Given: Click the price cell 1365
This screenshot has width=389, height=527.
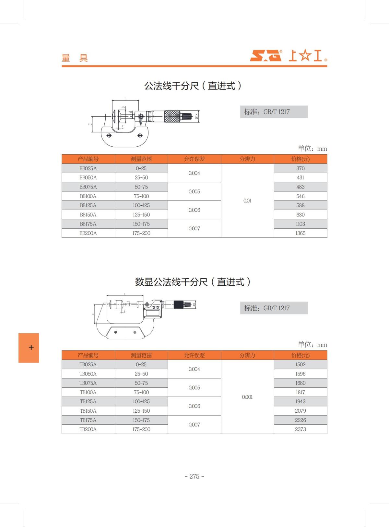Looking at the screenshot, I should [300, 233].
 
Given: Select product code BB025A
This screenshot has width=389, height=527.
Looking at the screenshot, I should [88, 168].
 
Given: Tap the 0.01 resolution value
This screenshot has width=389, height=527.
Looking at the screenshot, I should [247, 201].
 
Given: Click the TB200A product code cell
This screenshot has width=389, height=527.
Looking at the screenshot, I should [88, 429].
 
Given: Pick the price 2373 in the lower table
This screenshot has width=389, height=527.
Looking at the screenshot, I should [300, 429].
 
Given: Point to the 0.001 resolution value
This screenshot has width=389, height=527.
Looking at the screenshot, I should [247, 397].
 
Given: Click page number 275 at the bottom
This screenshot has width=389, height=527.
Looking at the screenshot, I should [194, 476].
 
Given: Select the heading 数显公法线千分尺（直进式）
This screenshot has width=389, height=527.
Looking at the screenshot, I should [193, 282].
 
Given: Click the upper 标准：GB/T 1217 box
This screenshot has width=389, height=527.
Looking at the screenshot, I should [274, 112].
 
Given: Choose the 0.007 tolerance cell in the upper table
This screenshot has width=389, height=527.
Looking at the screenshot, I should [194, 229].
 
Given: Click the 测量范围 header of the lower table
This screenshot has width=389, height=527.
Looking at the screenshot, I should [141, 355].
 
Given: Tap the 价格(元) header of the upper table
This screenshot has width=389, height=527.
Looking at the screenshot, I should [300, 159].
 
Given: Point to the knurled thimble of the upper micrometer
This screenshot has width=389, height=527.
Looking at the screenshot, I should [172, 116].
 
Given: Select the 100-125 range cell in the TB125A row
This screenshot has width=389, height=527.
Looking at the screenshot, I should [141, 402].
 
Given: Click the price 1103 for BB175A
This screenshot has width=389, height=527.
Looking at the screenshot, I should [300, 224].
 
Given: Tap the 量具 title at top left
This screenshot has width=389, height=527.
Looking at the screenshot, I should [75, 58].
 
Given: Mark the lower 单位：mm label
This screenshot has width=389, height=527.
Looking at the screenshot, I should [312, 345].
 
